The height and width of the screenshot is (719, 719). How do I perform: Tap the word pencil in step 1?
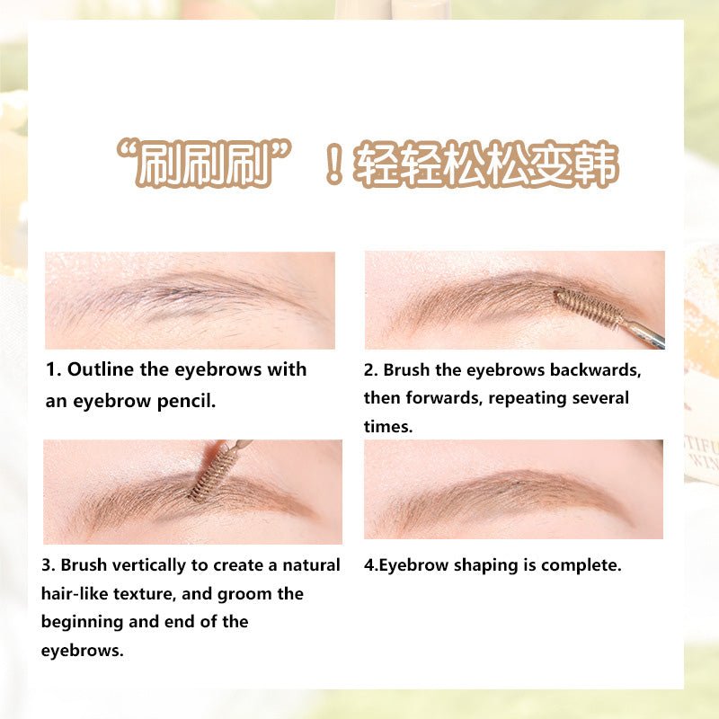pyautogui.click(x=188, y=401)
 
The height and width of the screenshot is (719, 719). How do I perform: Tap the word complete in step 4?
pyautogui.click(x=585, y=565)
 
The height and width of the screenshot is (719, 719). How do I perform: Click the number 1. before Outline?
pyautogui.click(x=53, y=369)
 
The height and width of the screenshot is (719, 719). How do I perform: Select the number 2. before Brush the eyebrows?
pyautogui.click(x=371, y=369)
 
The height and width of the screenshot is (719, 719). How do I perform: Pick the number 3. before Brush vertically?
pyautogui.click(x=49, y=565)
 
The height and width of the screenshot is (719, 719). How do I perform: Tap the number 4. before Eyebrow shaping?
pyautogui.click(x=370, y=565)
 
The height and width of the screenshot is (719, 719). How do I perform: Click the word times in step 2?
pyautogui.click(x=386, y=427)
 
